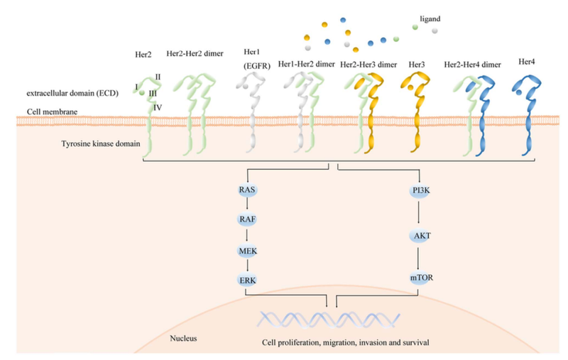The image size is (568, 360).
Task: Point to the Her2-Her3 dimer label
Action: point(368,65)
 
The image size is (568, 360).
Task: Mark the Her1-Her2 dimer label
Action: point(307,65)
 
